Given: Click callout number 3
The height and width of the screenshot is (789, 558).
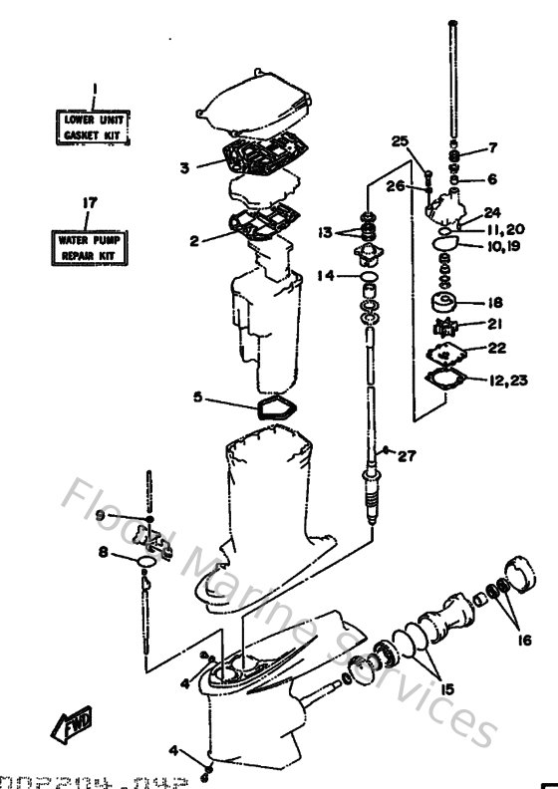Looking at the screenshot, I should pyautogui.click(x=185, y=167).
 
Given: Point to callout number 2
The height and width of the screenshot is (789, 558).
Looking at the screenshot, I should pyautogui.click(x=195, y=239).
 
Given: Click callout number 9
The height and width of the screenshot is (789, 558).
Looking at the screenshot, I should pyautogui.click(x=101, y=515).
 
